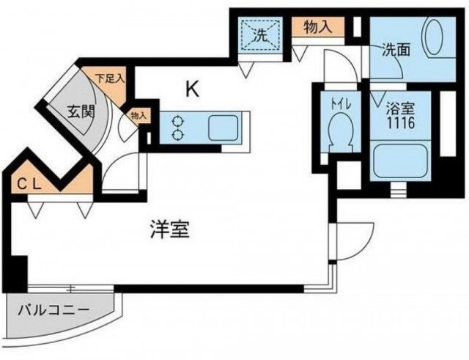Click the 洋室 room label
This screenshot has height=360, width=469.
tap(169, 229)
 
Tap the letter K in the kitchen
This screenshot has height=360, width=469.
tap(193, 89)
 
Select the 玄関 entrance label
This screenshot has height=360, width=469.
tap(81, 112)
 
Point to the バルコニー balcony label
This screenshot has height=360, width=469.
tap(53, 311)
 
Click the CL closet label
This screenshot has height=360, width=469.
tap(29, 185)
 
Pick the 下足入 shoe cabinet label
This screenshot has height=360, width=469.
tap(109, 79)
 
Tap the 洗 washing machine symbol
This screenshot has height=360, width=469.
tap(259, 36)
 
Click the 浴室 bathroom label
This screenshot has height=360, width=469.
tap(401, 109)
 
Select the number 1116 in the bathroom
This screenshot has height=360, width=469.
tap(401, 122)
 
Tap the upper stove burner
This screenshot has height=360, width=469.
tap(178, 122)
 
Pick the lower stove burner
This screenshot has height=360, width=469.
tap(178, 135)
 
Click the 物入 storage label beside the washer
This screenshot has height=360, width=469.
tap(317, 27)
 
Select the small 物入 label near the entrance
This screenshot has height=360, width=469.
tap(139, 116)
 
